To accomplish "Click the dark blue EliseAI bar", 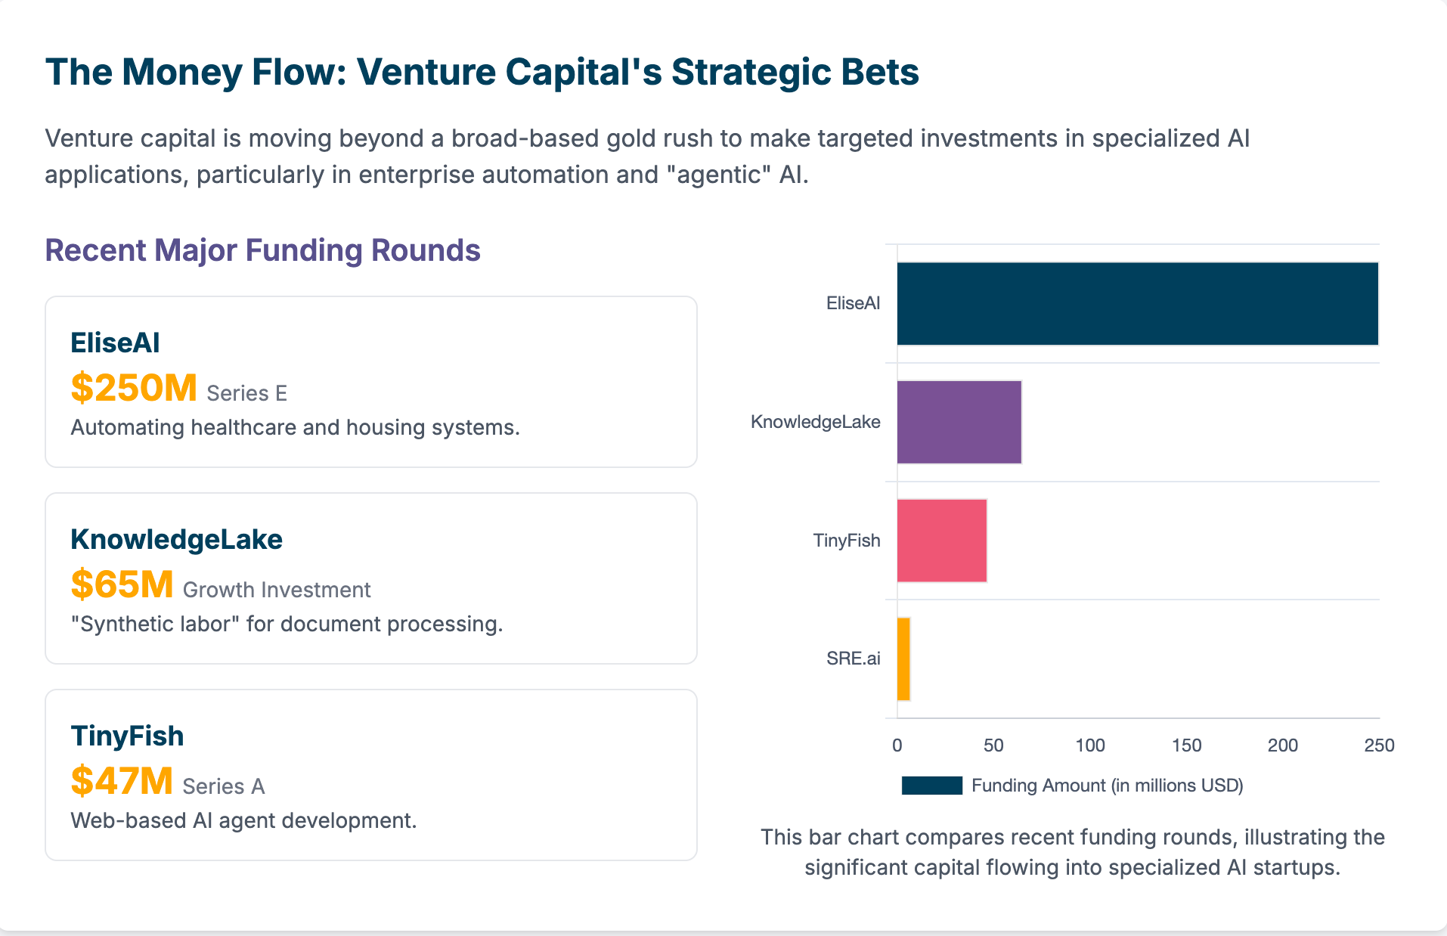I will pos(1137,303).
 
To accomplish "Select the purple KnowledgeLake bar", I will pos(959,422).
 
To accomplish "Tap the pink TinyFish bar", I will pos(941,541).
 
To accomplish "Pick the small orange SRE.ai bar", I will pos(903,659).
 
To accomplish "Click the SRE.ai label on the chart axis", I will pos(853,659).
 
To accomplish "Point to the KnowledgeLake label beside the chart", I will pos(815,422).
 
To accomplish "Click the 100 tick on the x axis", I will pos(1090,745).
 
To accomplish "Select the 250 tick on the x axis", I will pos(1379,745).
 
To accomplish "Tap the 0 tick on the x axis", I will pos(897,745).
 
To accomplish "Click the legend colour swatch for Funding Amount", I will pos(931,786).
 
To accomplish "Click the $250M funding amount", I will pos(134,388).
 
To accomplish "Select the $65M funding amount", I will pos(122,584).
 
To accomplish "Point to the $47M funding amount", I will pos(122,781).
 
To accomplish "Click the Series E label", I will pos(246,393).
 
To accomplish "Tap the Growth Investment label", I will pos(277,590).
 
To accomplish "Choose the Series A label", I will pos(223,786).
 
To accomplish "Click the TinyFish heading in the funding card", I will pos(127,736).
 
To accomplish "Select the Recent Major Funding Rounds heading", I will pos(262,250).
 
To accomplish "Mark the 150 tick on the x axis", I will pos(1186,745).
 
